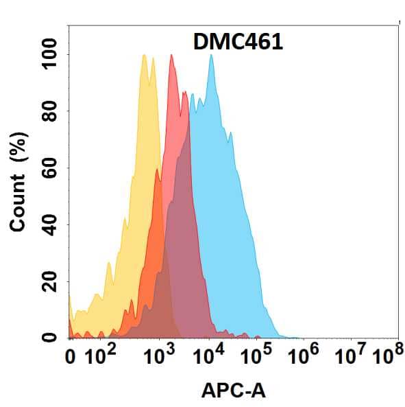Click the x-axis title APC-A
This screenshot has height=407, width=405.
pos(233,391)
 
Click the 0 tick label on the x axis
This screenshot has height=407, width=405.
pos(70,357)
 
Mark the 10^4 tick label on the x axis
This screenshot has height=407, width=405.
pos(209,356)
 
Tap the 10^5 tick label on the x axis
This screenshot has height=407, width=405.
pos(256,356)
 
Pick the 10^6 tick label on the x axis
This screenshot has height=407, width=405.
pos(305,356)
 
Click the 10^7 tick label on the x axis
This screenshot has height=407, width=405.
pos(350,356)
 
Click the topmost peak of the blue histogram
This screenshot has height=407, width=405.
pos(211,56)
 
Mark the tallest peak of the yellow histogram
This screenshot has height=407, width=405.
pos(144,56)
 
